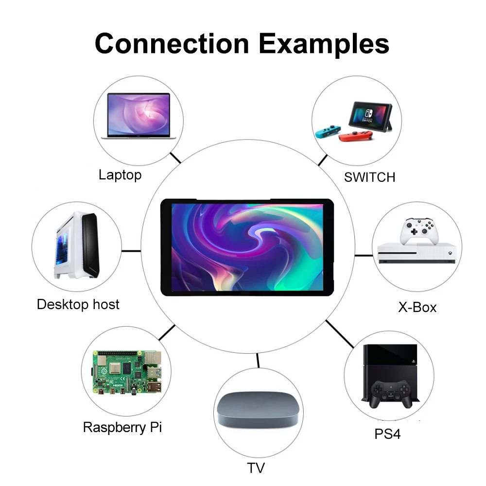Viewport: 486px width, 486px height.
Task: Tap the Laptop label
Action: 120,175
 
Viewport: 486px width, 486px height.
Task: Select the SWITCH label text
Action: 369,177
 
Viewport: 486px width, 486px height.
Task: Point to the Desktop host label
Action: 78,305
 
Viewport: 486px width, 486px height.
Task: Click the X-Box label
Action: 417,307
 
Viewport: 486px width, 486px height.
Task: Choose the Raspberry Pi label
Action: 122,428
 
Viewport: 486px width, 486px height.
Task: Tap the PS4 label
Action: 387,434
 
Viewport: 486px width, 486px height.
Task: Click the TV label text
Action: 256,468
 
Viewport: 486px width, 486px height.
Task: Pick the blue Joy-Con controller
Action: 326,131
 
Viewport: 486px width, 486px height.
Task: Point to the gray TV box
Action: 256,408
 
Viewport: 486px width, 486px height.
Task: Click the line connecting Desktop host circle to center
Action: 131,251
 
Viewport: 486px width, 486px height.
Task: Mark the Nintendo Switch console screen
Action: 371,114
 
